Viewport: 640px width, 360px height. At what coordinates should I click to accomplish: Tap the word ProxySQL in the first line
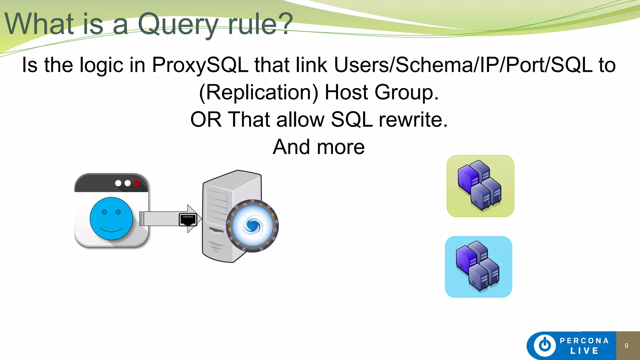coord(200,65)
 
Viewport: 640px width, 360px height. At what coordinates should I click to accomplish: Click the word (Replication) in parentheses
coord(259,92)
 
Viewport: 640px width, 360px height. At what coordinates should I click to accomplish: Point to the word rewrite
coord(413,120)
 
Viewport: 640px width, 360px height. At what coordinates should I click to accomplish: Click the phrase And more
coord(319,147)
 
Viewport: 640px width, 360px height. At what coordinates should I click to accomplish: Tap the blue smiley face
coord(111,218)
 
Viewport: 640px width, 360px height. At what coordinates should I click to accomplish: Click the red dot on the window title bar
coord(137,183)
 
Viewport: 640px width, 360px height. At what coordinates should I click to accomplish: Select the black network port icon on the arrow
coord(188,220)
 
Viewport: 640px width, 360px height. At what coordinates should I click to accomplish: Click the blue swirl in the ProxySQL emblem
coord(253,226)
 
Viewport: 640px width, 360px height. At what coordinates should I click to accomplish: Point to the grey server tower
coord(219,216)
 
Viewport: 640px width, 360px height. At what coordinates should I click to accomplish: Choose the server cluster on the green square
coord(480,186)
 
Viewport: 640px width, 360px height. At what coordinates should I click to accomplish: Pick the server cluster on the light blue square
coord(478,267)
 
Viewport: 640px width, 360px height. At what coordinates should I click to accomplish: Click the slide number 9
coord(626,346)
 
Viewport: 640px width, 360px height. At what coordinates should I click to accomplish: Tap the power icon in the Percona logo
coord(545,345)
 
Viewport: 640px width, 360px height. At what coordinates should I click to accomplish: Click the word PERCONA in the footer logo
coord(584,341)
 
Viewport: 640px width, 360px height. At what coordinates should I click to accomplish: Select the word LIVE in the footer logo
coord(584,351)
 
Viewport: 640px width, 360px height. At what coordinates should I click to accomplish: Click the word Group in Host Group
coord(407,92)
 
